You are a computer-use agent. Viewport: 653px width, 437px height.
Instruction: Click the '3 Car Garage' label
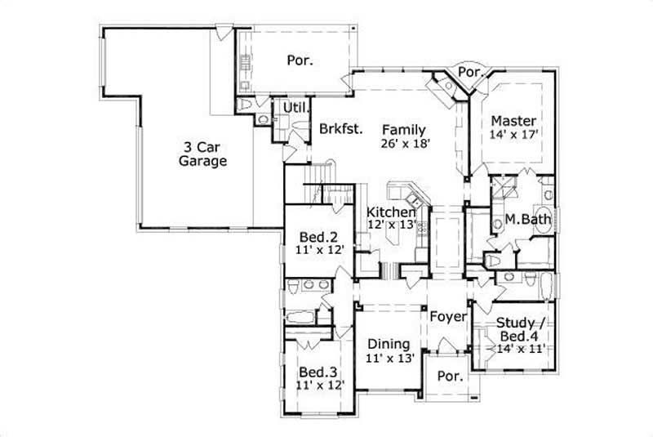(x=202, y=154)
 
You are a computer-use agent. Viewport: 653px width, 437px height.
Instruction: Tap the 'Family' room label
(x=403, y=129)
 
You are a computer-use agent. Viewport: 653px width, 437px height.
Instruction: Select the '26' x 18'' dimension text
(x=404, y=143)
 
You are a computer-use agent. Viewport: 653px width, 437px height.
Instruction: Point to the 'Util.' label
(x=293, y=108)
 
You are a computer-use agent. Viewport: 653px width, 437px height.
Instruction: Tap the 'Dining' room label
(x=389, y=344)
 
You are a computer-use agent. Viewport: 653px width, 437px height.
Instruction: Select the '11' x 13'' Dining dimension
(x=390, y=358)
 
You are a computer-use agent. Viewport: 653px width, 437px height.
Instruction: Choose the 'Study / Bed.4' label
(x=522, y=328)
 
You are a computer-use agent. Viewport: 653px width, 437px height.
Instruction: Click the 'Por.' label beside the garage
(x=300, y=60)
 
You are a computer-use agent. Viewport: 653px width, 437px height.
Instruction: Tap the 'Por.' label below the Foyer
(x=449, y=377)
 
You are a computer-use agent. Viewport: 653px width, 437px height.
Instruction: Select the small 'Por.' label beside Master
(x=469, y=72)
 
